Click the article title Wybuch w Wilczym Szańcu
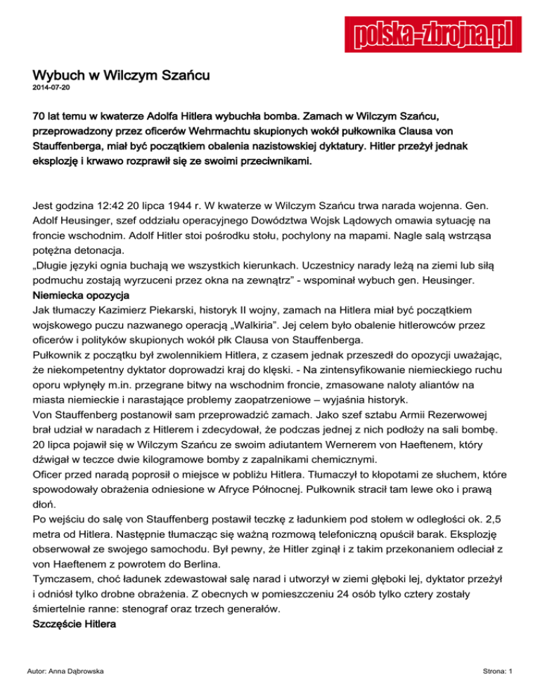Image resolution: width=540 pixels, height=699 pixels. coord(122,74)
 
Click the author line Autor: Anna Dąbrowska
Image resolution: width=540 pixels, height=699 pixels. coord(69,671)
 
